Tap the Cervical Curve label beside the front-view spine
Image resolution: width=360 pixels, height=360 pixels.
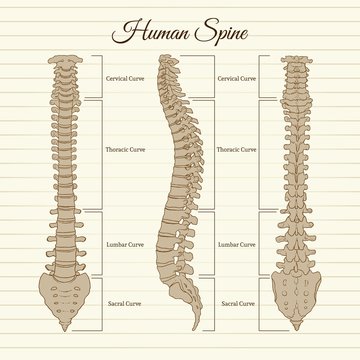click(x=122, y=76)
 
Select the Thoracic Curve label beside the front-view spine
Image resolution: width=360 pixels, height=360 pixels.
click(x=123, y=149)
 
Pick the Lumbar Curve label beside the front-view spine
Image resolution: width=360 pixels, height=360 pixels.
click(x=122, y=244)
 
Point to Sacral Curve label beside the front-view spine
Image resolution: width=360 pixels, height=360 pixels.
click(x=122, y=301)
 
